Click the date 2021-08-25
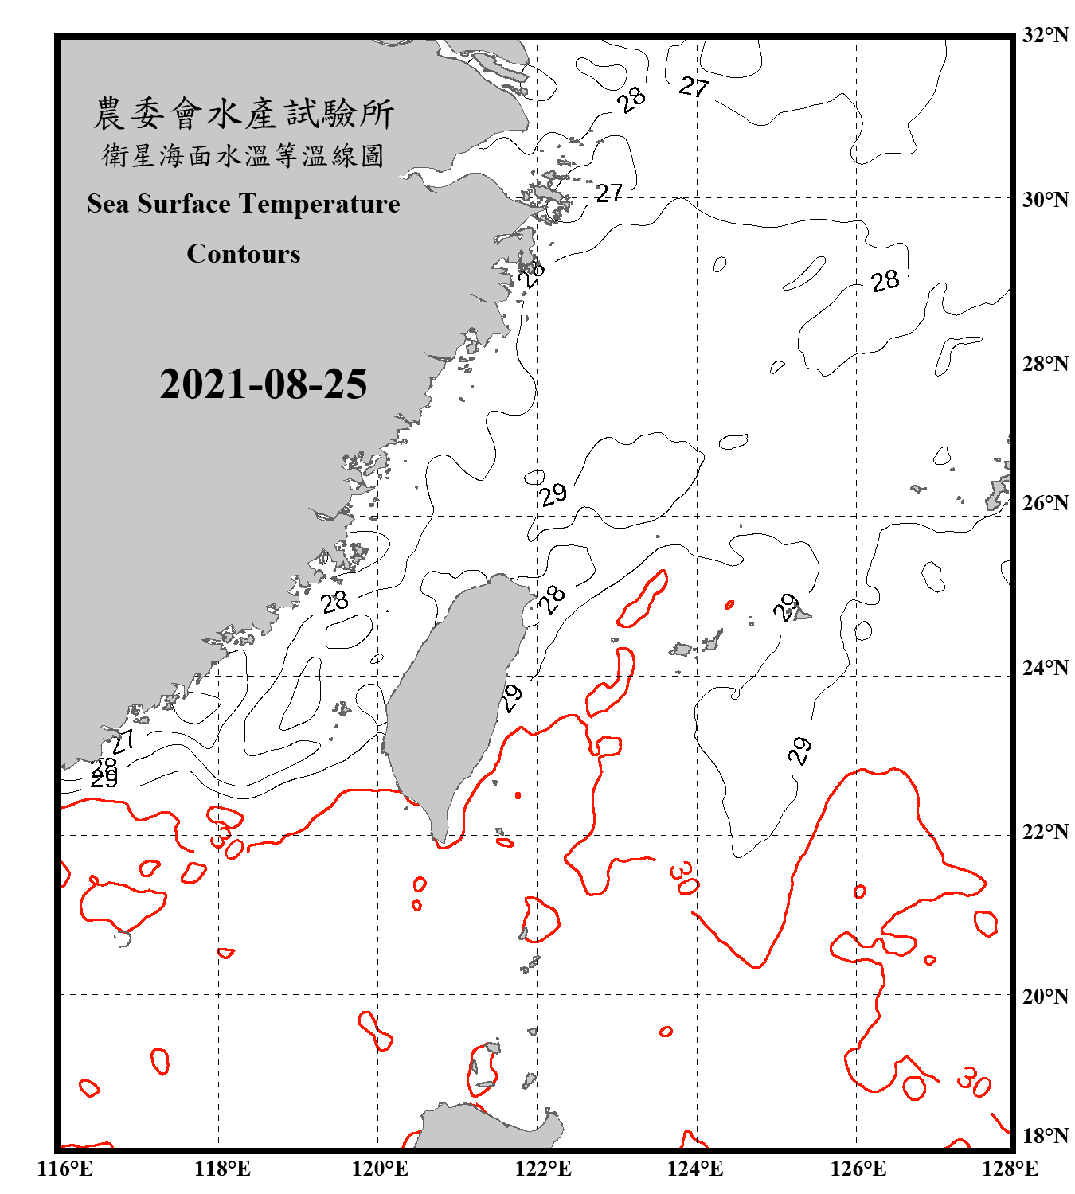click(x=263, y=384)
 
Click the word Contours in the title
click(x=244, y=254)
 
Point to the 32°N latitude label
click(x=1045, y=35)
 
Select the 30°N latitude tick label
click(x=1045, y=199)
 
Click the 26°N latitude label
click(x=1045, y=503)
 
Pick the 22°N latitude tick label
click(x=1045, y=832)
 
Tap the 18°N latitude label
click(x=1045, y=1136)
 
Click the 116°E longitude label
click(x=65, y=1169)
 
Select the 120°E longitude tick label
click(x=380, y=1169)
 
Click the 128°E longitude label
click(x=1010, y=1169)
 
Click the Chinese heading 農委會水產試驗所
click(x=244, y=114)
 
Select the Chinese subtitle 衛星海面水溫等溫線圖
click(x=244, y=155)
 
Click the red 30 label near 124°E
click(x=684, y=877)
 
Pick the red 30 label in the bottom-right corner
click(x=973, y=1082)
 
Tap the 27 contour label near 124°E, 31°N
click(x=694, y=86)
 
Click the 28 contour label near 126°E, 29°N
click(x=884, y=281)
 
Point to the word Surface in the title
click(x=183, y=204)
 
